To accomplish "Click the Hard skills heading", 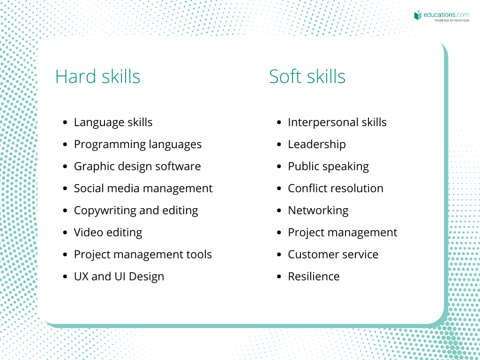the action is click(x=97, y=76).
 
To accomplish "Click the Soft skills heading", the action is click(x=307, y=76).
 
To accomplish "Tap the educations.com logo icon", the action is click(x=418, y=15).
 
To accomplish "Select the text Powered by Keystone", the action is click(x=452, y=21).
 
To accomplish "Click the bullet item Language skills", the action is click(x=113, y=122).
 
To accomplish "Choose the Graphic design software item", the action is click(x=137, y=166).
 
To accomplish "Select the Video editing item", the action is click(x=108, y=232).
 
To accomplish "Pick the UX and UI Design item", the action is click(x=119, y=277).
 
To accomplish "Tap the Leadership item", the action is click(x=317, y=144).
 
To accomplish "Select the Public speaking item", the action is click(x=329, y=166).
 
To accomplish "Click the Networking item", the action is click(x=318, y=210).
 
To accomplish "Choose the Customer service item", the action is click(x=333, y=255).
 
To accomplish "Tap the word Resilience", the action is click(x=314, y=277).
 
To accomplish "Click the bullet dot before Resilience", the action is click(x=279, y=277).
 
